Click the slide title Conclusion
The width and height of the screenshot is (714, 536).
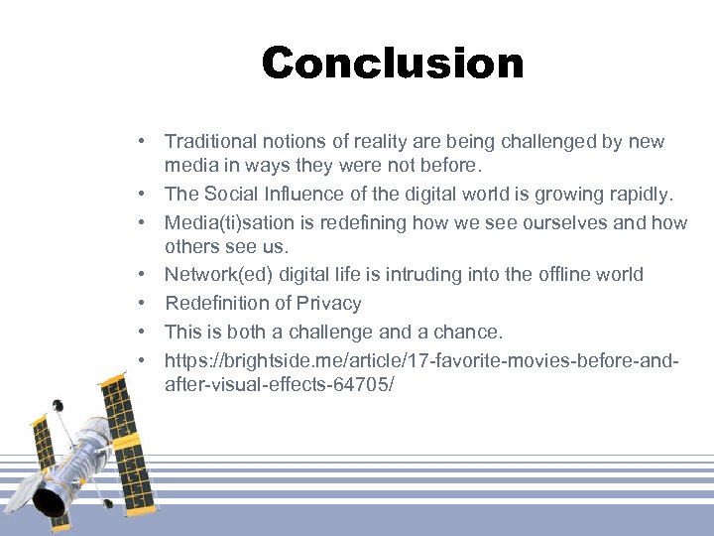click(x=392, y=65)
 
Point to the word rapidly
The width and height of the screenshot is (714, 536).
click(x=637, y=194)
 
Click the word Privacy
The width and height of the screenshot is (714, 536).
click(x=328, y=303)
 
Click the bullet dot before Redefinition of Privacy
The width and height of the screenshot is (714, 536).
click(x=144, y=303)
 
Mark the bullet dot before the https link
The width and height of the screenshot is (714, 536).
click(x=144, y=360)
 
